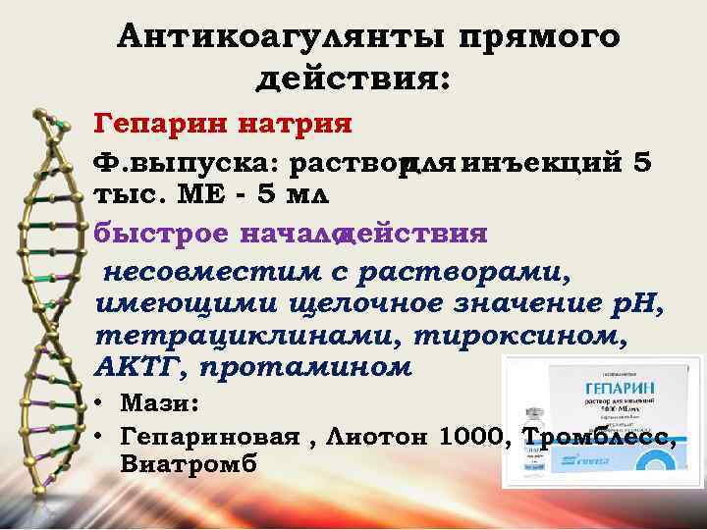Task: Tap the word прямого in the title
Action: coord(538,36)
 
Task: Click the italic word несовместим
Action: coord(186,269)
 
